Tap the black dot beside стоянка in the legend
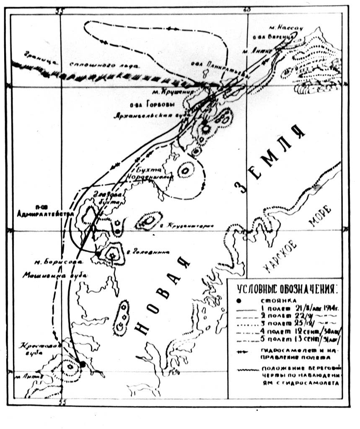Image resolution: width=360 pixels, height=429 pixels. click(x=239, y=300)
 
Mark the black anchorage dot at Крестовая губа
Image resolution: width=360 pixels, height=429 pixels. click(x=83, y=365)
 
